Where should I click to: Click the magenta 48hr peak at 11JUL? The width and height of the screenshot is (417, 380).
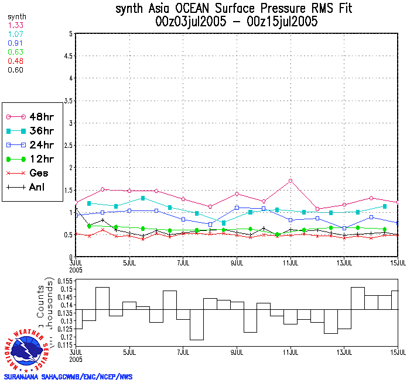pos(290,181)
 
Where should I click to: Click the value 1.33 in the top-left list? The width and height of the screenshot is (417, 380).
pos(16,25)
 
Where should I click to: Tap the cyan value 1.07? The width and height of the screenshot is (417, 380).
pos(16,34)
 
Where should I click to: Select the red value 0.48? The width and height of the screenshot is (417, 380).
pos(16,61)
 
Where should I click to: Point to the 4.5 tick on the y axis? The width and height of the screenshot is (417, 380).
pos(67,56)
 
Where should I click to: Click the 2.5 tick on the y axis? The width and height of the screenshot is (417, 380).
pos(67,145)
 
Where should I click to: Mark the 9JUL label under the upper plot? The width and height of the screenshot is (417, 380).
pos(237,262)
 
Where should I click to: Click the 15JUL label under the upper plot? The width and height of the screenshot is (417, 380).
pos(398,262)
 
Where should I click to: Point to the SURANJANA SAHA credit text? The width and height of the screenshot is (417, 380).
pos(68,376)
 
